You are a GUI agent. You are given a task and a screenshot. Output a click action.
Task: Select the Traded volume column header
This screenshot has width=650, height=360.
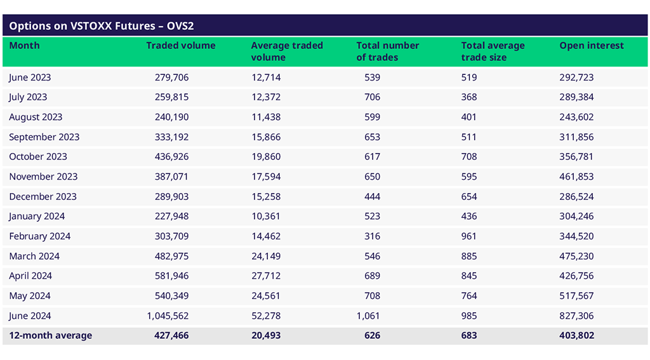coord(180,46)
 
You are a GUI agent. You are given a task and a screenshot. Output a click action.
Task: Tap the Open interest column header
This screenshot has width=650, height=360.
coord(591,46)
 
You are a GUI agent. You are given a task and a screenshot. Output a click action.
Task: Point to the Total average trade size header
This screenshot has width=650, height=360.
coord(493,51)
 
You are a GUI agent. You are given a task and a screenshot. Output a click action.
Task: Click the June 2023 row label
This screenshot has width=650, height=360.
coord(30,77)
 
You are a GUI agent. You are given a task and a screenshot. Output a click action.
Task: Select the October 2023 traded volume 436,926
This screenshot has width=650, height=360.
coord(171,157)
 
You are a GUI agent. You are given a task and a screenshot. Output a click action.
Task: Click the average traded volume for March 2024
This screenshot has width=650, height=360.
coord(266,257)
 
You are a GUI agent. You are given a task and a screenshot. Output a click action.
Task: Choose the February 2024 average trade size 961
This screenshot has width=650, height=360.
coord(469,236)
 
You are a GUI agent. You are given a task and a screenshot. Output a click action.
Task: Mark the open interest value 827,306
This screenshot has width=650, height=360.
coord(576,316)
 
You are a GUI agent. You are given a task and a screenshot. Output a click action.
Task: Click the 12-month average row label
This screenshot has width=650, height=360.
coord(50,335)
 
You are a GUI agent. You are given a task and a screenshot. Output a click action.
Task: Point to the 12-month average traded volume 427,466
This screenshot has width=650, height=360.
coord(171,335)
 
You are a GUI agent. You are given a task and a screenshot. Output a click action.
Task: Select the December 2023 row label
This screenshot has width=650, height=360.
coord(43,197)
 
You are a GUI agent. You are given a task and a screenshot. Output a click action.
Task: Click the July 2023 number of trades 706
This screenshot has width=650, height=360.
coord(372,97)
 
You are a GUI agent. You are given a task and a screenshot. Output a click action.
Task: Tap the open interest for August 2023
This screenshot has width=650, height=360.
coord(576,117)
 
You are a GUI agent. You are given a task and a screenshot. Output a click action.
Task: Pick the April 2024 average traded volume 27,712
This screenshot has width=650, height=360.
coord(266,276)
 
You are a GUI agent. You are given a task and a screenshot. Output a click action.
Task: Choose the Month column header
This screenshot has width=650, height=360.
coord(24,46)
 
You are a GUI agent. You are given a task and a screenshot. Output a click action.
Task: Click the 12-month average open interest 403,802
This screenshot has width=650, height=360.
coord(576,335)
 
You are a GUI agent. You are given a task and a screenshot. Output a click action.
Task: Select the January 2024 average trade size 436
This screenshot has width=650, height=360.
coord(469,217)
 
